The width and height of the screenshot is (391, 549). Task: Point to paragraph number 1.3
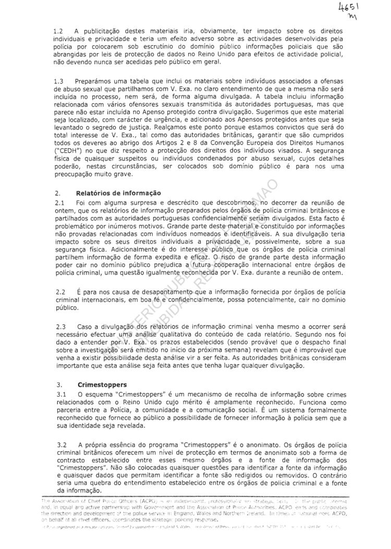(x=58, y=82)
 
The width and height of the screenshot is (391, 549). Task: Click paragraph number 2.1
(x=58, y=202)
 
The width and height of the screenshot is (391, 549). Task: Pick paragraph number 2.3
(x=58, y=326)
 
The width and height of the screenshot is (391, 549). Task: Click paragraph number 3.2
(x=58, y=444)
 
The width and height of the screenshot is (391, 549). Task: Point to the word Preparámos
(x=94, y=82)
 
